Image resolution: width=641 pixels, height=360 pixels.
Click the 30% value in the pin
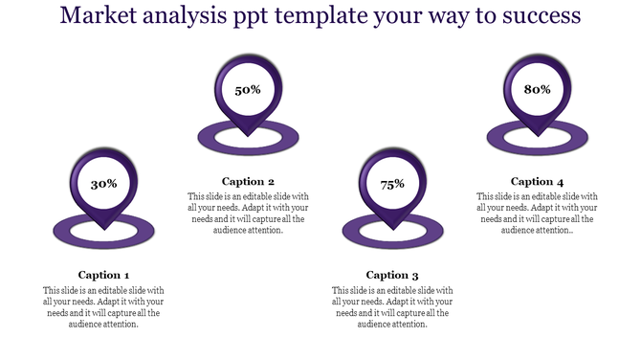pos(103,183)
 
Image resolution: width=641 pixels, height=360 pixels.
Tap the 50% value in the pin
pos(248,90)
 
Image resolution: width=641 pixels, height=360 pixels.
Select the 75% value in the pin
pos(392,184)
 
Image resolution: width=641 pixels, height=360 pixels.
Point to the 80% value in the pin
pos(537,89)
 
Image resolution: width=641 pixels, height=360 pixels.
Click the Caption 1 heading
pos(103,275)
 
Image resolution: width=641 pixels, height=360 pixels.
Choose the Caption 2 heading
pos(248,181)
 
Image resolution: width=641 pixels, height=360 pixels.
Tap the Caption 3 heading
pos(392,275)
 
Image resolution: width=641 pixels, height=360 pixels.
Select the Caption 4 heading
pos(537,181)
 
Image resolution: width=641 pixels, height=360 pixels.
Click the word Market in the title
pos(99,16)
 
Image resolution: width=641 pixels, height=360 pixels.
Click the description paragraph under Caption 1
pos(103,306)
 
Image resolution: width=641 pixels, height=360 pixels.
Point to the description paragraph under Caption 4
pos(537,214)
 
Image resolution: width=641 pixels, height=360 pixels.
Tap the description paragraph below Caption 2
pos(248,214)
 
